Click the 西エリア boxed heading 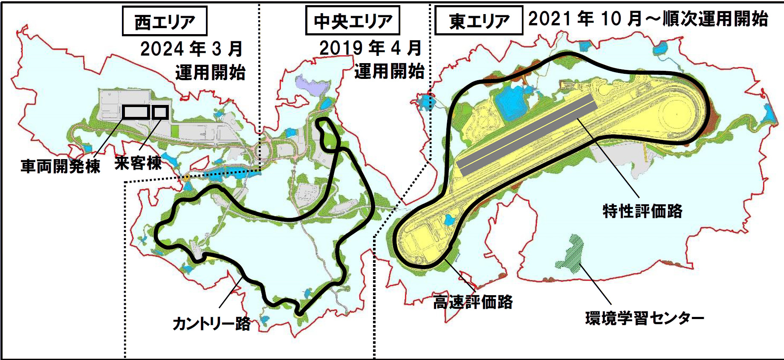165,21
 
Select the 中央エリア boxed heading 353,21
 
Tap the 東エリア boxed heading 478,21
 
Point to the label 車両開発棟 60,165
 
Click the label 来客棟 138,163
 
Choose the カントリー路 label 211,323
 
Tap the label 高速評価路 473,302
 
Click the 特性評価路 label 642,211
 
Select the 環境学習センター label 644,318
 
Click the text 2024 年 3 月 191,49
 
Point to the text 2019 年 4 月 370,48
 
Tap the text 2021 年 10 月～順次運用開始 648,19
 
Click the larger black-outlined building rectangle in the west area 136,112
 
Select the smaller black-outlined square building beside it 160,112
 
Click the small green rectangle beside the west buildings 175,131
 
